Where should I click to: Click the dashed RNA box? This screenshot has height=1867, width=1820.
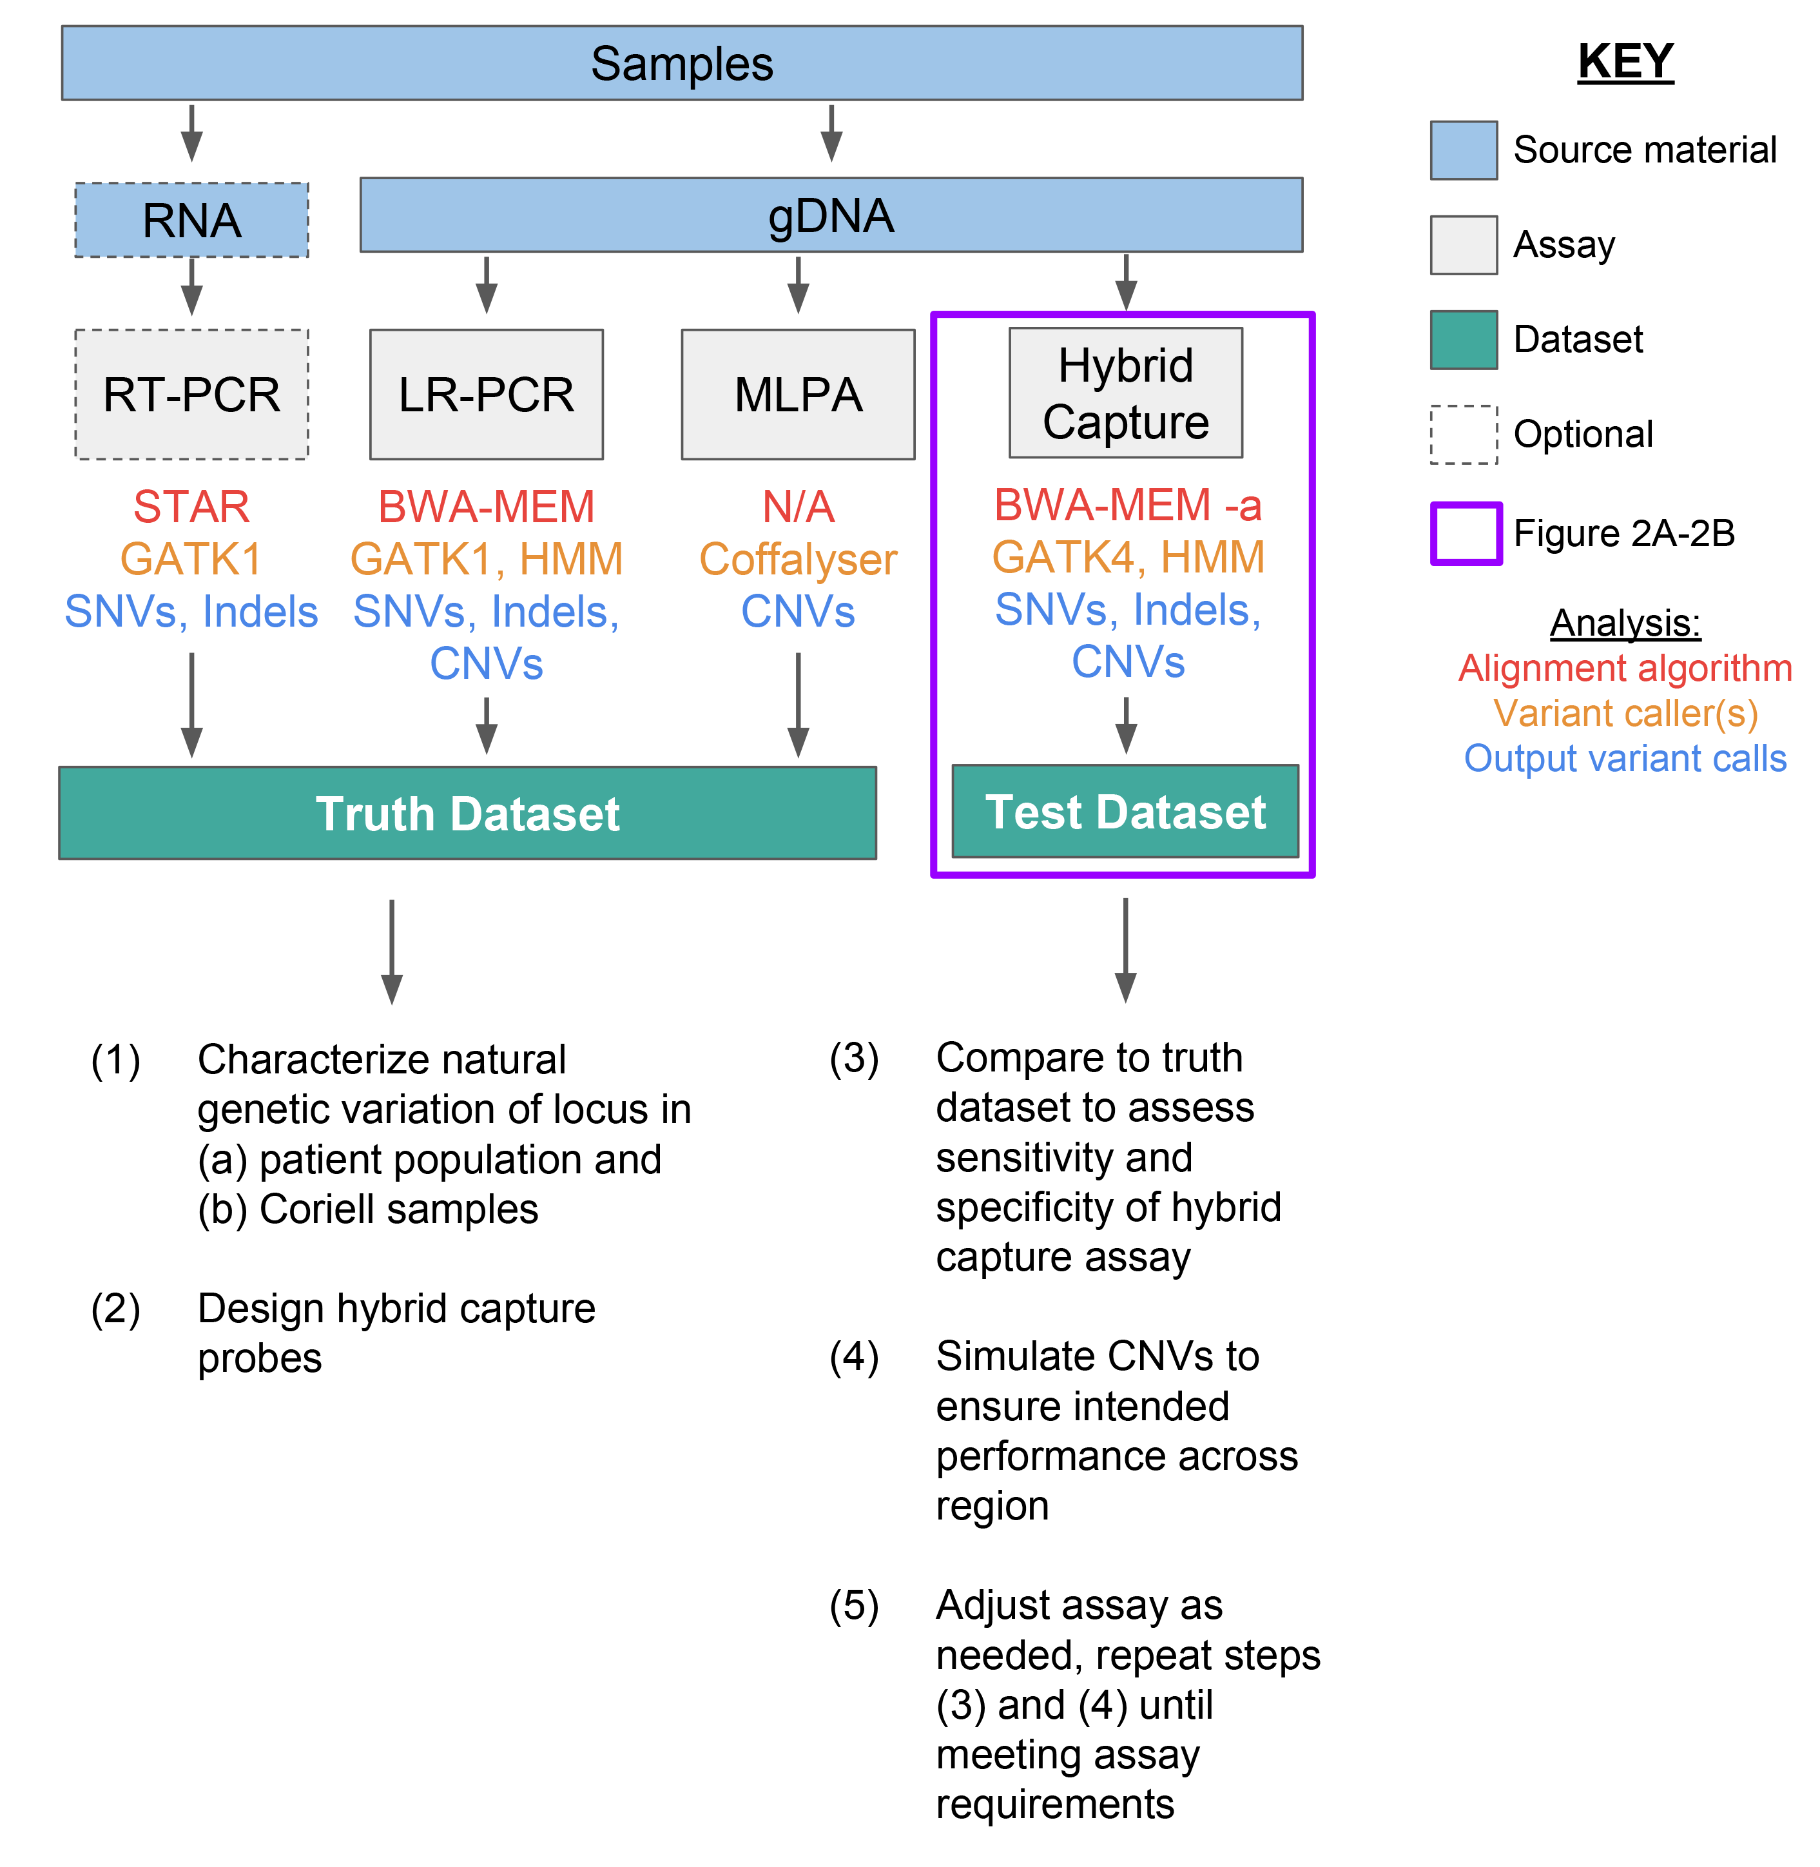(x=192, y=220)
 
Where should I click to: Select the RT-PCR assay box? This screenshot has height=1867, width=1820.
(x=192, y=395)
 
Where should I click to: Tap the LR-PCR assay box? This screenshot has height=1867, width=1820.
(x=487, y=395)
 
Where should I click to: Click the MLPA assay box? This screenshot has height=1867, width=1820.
(x=798, y=395)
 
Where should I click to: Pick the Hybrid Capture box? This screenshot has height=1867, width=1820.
(x=1126, y=393)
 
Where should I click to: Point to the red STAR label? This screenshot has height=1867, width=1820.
(x=191, y=507)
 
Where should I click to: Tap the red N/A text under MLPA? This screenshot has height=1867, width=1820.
(x=798, y=507)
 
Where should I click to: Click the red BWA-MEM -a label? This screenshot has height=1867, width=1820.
(x=1128, y=505)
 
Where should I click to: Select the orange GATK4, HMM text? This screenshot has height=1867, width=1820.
(x=1128, y=557)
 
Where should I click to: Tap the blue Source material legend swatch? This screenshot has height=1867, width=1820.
(x=1464, y=150)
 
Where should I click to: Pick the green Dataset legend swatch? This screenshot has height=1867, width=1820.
(x=1464, y=339)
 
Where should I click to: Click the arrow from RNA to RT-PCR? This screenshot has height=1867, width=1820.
(x=192, y=286)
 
